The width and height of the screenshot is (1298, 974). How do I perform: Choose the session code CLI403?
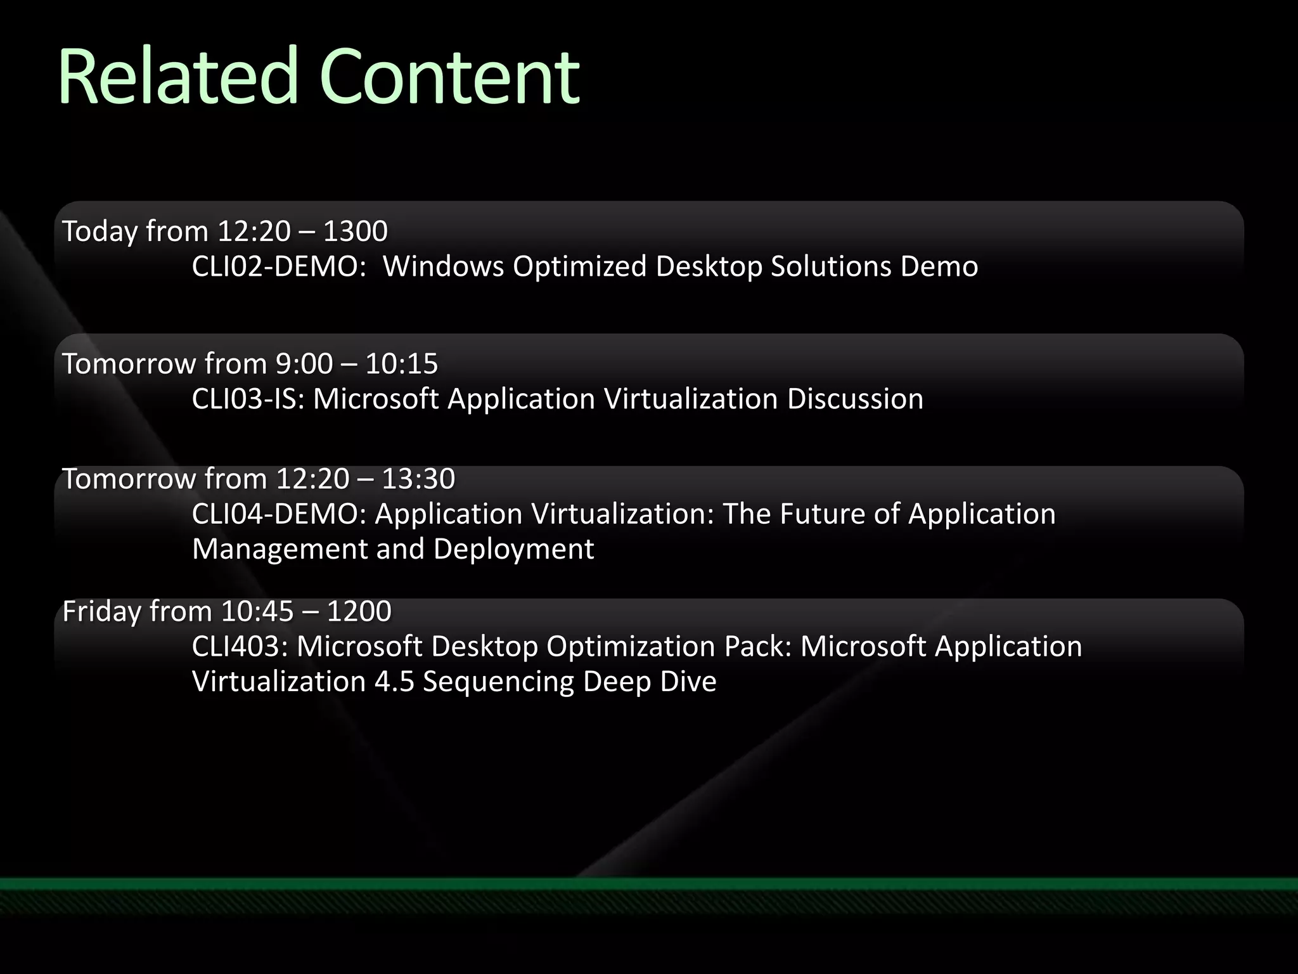click(240, 646)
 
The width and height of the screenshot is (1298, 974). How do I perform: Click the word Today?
click(100, 231)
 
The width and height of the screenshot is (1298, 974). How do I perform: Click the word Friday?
click(101, 611)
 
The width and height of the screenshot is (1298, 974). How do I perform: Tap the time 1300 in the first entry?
click(356, 231)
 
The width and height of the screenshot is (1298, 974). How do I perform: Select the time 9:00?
click(304, 364)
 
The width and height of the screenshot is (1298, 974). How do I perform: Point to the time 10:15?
click(402, 364)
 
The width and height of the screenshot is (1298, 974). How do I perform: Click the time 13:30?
click(418, 479)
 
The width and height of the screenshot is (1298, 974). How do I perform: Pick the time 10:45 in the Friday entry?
click(258, 611)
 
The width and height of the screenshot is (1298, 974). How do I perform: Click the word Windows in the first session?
click(443, 266)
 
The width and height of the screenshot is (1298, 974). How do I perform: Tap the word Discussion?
click(855, 399)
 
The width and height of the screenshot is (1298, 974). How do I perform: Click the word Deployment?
click(514, 549)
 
